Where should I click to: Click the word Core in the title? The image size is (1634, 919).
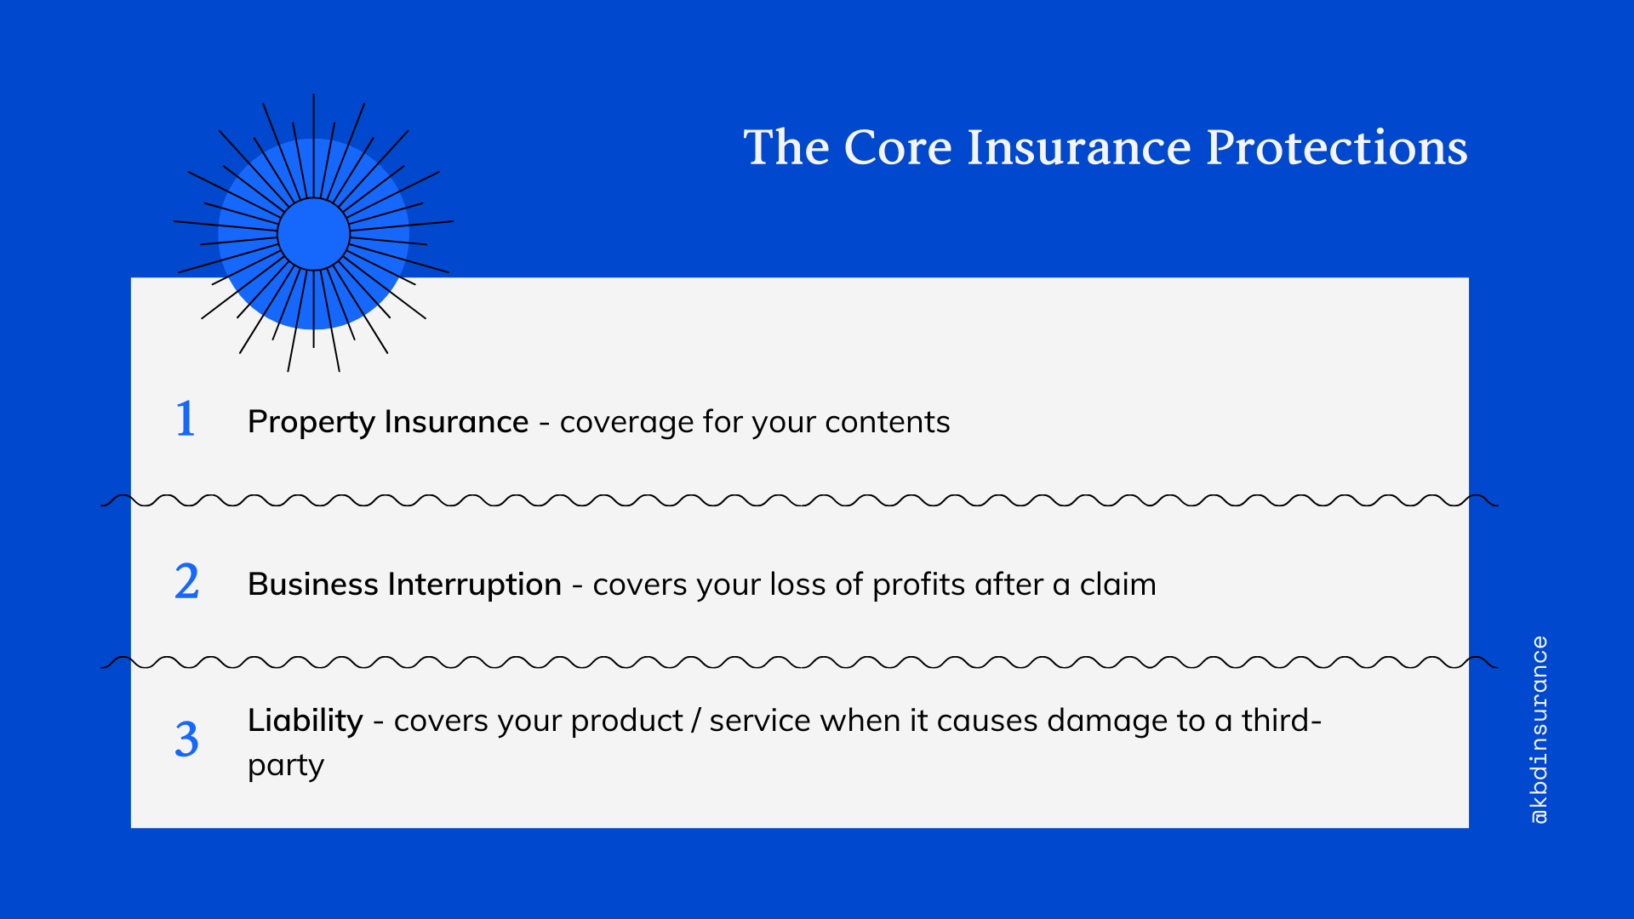tap(897, 147)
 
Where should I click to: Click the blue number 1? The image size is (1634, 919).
tap(186, 420)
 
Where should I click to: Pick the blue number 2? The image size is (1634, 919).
tap(187, 582)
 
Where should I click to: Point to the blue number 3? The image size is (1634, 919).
tap(187, 739)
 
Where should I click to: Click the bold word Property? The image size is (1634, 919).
tap(311, 423)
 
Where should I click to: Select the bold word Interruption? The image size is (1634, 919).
tap(475, 585)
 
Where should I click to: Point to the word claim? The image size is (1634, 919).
tap(1117, 585)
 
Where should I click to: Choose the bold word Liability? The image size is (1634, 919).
tap(305, 721)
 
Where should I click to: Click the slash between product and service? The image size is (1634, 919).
tap(696, 721)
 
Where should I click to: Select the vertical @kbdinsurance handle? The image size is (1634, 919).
tap(1539, 729)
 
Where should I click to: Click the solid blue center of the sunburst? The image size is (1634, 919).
tap(313, 234)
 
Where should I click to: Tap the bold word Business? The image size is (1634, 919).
tap(312, 585)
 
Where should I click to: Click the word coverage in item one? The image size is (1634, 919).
tap(626, 423)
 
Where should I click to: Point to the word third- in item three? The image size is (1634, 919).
tap(1281, 721)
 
